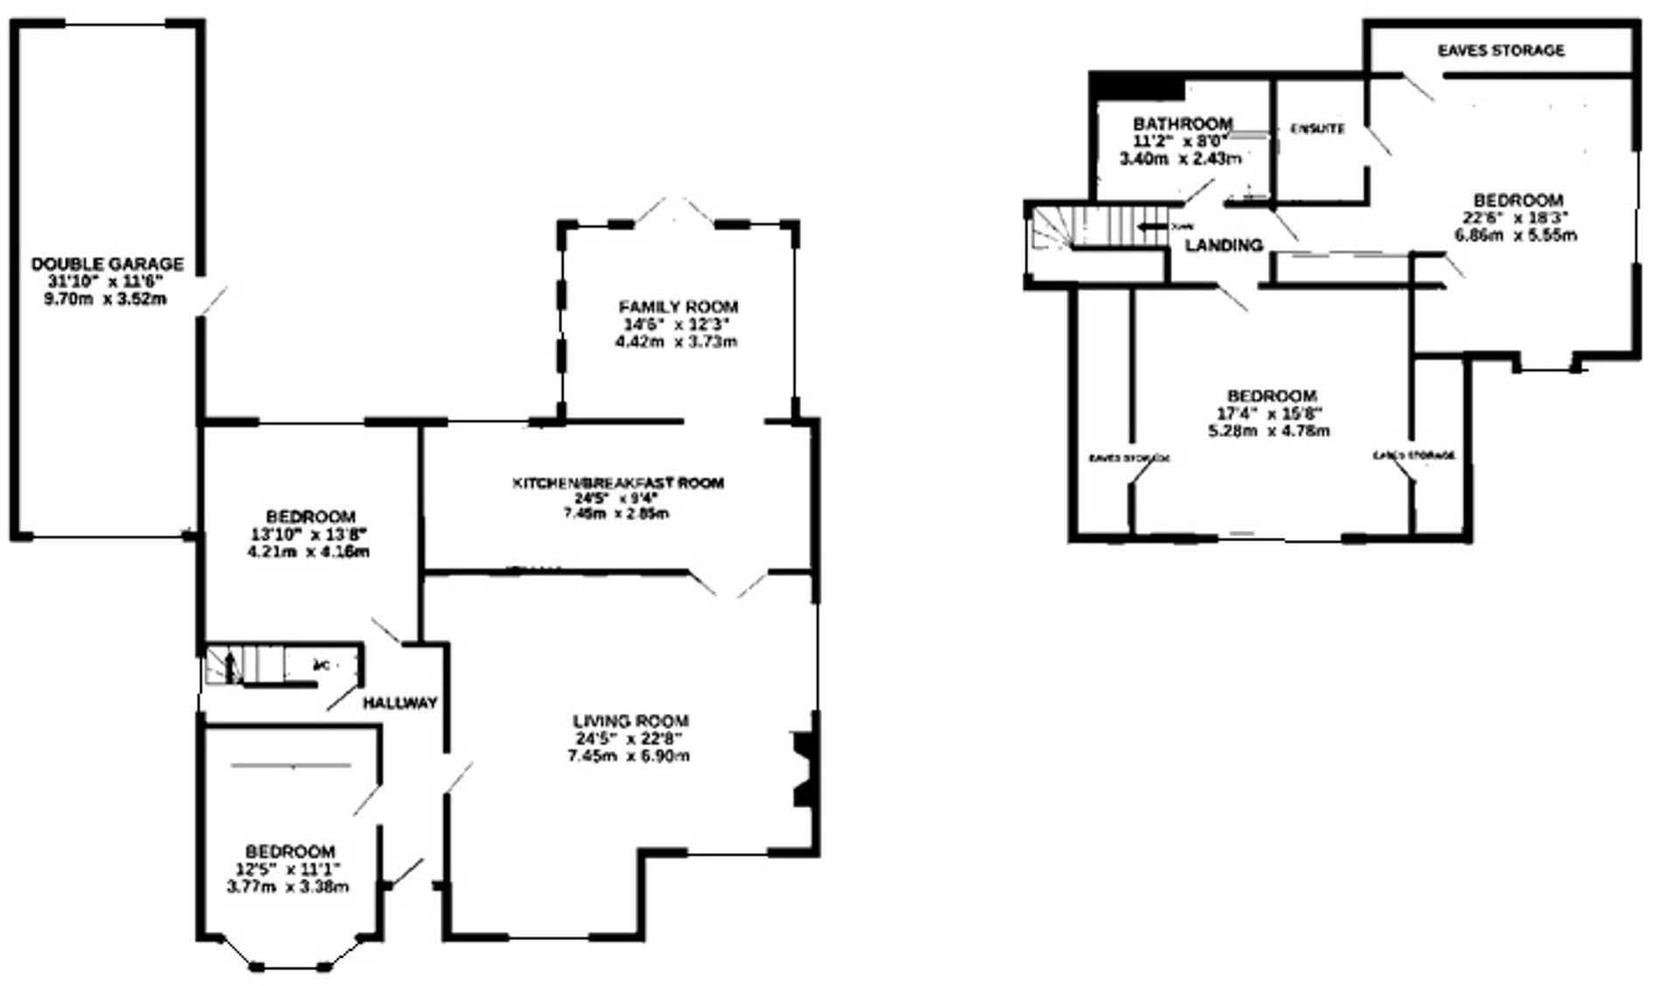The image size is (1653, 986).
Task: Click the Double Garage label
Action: click(108, 264)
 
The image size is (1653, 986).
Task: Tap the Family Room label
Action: click(677, 307)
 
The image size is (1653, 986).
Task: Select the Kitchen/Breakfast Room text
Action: click(618, 483)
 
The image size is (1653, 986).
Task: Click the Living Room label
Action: click(630, 721)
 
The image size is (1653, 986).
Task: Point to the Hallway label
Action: click(399, 703)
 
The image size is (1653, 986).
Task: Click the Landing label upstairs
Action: click(1224, 246)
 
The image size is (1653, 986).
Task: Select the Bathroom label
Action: click(1182, 124)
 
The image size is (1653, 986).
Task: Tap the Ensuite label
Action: click(1317, 129)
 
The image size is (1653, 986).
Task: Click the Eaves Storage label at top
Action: click(1501, 51)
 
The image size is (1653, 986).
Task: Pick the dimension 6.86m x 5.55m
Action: click(1516, 235)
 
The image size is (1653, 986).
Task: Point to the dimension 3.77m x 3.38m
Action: click(288, 886)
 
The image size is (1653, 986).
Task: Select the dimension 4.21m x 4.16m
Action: click(310, 552)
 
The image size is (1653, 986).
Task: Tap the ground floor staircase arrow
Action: click(230, 667)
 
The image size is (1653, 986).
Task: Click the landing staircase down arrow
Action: click(1152, 228)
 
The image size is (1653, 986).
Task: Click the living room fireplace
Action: click(801, 769)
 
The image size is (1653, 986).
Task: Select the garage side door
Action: click(212, 299)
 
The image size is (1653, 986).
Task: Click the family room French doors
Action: click(677, 212)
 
